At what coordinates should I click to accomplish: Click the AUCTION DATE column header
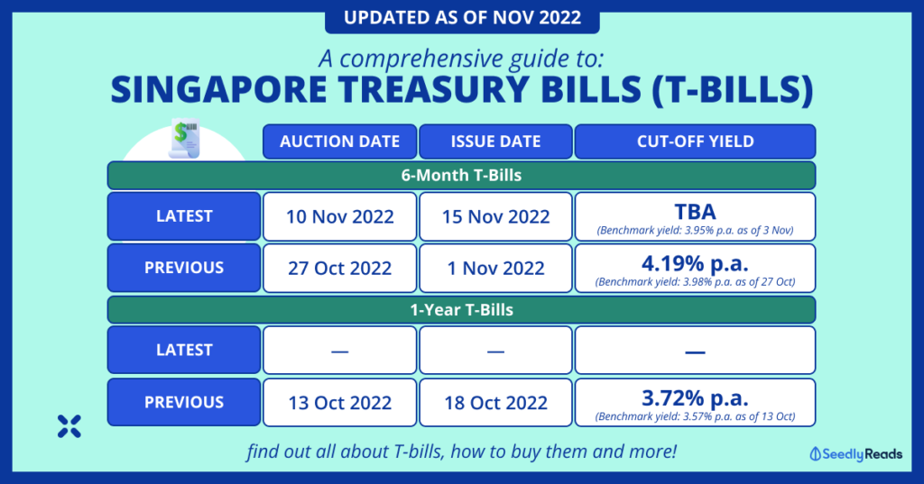[339, 142]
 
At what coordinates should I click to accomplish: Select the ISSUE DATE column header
[495, 142]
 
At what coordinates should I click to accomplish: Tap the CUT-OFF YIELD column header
[696, 142]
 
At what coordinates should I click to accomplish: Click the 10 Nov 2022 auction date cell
[339, 216]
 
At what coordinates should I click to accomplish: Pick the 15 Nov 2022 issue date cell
[495, 216]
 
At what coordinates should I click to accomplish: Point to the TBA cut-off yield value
[696, 212]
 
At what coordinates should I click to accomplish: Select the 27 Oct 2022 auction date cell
[339, 269]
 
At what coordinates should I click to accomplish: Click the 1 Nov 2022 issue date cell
[495, 269]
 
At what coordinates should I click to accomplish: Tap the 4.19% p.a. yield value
[696, 262]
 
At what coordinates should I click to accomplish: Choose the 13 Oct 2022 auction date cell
[339, 403]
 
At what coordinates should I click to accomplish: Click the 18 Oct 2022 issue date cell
[495, 403]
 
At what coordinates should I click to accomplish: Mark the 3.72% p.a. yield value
[696, 398]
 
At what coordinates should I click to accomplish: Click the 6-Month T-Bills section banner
[461, 176]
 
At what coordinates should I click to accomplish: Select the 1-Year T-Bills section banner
[461, 310]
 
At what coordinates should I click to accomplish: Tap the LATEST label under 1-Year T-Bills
[184, 350]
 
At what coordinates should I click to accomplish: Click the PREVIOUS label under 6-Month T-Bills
[184, 268]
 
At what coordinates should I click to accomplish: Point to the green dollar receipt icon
[184, 139]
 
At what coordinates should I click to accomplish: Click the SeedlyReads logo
[856, 454]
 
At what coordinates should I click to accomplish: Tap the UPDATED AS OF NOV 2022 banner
[463, 18]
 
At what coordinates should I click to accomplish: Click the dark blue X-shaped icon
[69, 426]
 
